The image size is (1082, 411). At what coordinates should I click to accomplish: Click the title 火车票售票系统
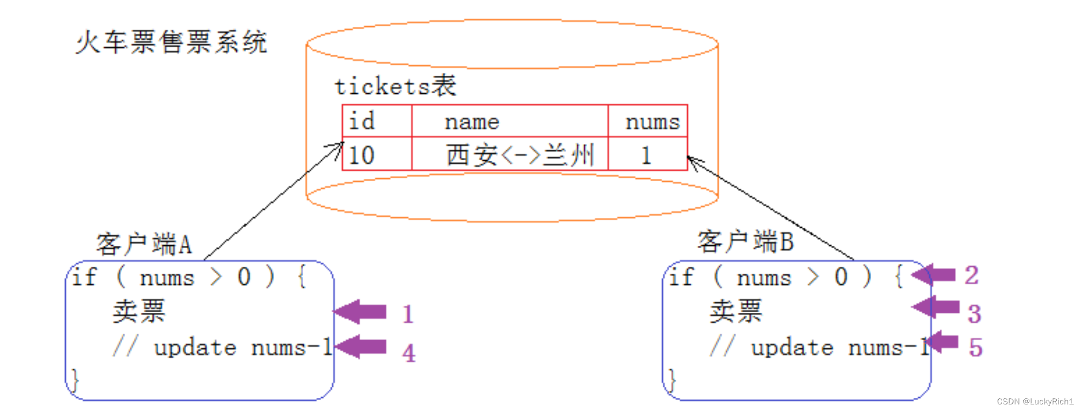171,42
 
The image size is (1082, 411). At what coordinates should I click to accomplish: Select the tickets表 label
395,86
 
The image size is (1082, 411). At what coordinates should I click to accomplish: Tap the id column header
362,121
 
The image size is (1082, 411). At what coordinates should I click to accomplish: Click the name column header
472,122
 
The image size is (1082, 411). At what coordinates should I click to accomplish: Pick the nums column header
652,122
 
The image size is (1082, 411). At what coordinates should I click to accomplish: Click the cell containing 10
362,155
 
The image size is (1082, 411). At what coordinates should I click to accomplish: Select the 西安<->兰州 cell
520,155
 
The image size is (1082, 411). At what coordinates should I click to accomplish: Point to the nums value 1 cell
646,155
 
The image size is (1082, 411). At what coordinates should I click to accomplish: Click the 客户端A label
144,244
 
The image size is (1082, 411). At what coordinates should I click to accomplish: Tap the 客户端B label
745,241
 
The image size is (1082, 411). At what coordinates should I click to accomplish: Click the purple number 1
407,314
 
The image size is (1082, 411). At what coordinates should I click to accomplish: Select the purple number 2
971,275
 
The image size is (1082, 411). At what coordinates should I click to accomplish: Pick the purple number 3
974,314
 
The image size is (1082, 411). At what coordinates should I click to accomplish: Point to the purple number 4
408,353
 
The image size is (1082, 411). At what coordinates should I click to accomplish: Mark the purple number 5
975,347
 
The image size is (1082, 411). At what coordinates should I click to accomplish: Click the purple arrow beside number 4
361,347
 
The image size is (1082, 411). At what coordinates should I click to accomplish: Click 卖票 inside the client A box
139,311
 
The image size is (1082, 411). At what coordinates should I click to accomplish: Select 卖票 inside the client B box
736,311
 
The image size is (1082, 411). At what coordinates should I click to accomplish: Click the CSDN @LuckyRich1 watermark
1035,402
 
